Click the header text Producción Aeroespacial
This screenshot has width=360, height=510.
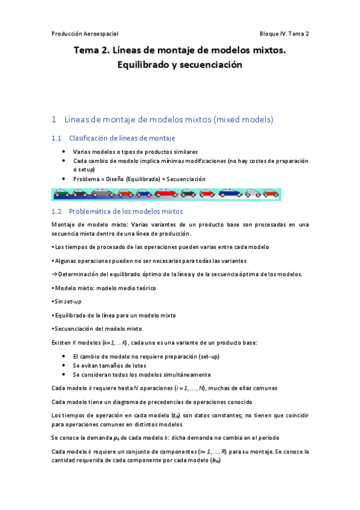click(89, 33)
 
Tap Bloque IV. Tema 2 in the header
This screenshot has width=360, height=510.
click(284, 33)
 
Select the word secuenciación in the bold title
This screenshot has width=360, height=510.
click(207, 65)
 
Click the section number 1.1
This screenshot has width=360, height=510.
click(57, 138)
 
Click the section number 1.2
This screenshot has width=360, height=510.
click(57, 212)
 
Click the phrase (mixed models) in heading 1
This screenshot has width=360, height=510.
click(243, 119)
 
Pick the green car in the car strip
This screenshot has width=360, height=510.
click(61, 194)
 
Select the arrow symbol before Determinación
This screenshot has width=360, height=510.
click(54, 274)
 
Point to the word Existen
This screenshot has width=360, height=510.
click(62, 343)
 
